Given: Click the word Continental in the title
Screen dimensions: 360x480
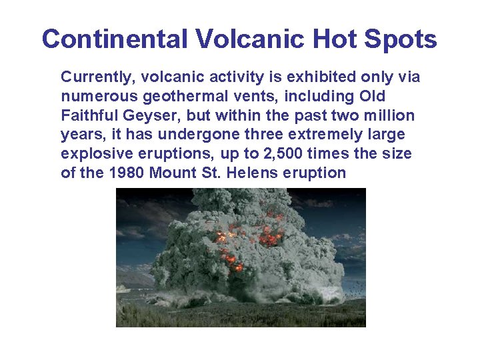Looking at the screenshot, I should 114,39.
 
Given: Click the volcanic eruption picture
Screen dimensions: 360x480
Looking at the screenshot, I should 241,257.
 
